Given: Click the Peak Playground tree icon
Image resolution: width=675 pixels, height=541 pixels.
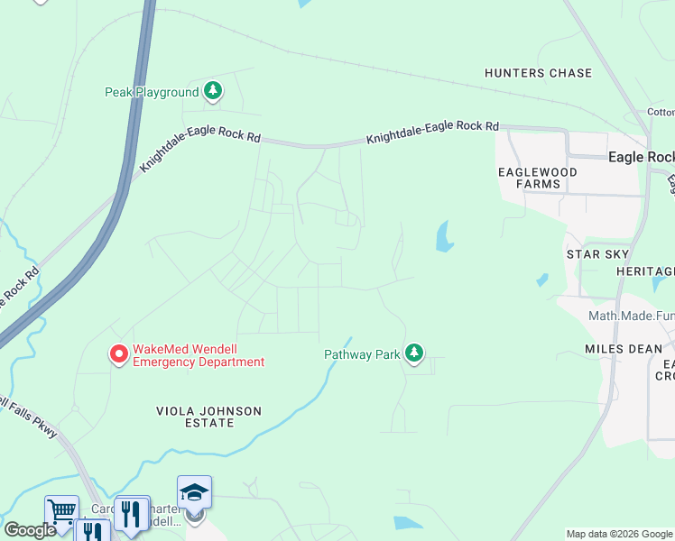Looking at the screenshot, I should pos(213,90).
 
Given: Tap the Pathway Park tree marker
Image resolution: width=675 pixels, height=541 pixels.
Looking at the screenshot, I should pos(414,353).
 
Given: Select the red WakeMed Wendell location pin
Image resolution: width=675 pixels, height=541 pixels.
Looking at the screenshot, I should pos(118,354).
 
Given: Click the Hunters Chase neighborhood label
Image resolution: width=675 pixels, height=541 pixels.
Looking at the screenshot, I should pos(538,73).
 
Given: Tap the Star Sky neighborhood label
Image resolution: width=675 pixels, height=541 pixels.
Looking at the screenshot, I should pos(596,255).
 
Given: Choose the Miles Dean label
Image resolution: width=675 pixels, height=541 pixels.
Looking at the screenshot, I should pos(624,349).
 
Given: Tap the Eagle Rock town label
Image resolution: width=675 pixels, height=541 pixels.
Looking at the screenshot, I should pos(641,157).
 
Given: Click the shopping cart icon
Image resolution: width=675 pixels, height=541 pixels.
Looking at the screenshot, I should pos(61,511).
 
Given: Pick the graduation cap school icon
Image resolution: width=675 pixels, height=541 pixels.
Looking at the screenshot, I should pos(194,491).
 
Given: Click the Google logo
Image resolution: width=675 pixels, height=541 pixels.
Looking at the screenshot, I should pos(30,530).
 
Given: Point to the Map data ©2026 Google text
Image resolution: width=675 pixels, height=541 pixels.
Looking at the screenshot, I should pos(619,534).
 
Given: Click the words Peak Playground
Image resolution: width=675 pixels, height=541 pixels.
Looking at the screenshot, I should pos(152,92).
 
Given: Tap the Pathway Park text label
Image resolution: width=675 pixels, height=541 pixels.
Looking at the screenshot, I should pos(362,354).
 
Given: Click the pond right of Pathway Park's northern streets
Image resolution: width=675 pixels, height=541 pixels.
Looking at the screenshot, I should pos(444,236).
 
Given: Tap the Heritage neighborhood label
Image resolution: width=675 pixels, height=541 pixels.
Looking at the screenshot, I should pos(645,271).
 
